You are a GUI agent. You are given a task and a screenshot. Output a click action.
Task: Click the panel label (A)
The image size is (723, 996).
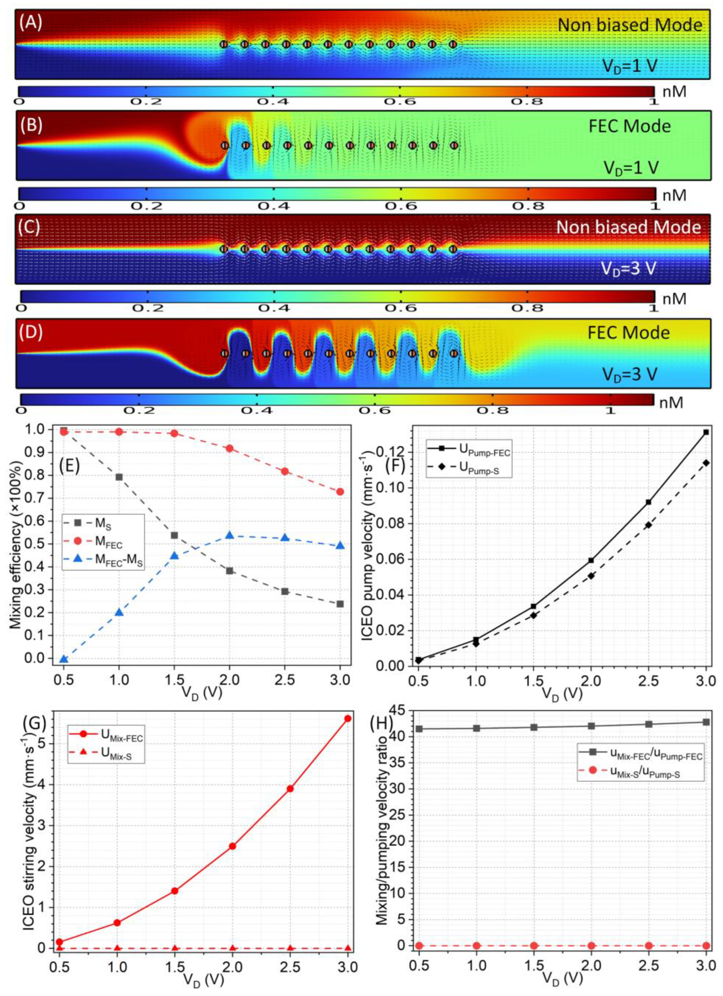[31, 22]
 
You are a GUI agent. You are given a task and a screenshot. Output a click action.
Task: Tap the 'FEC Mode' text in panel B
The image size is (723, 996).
[629, 126]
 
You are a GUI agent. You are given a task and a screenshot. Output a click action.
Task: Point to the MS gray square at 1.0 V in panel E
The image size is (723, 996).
[119, 477]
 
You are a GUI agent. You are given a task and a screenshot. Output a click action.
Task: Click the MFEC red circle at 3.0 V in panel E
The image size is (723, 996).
[339, 492]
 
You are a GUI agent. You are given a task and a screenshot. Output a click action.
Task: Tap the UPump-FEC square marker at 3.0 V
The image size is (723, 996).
[706, 432]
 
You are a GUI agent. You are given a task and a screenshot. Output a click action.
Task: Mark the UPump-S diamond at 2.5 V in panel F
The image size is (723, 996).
[648, 525]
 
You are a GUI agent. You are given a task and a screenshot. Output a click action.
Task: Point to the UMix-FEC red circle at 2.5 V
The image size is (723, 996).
[290, 789]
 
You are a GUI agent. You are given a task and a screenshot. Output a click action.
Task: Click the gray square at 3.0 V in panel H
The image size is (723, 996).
[706, 722]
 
